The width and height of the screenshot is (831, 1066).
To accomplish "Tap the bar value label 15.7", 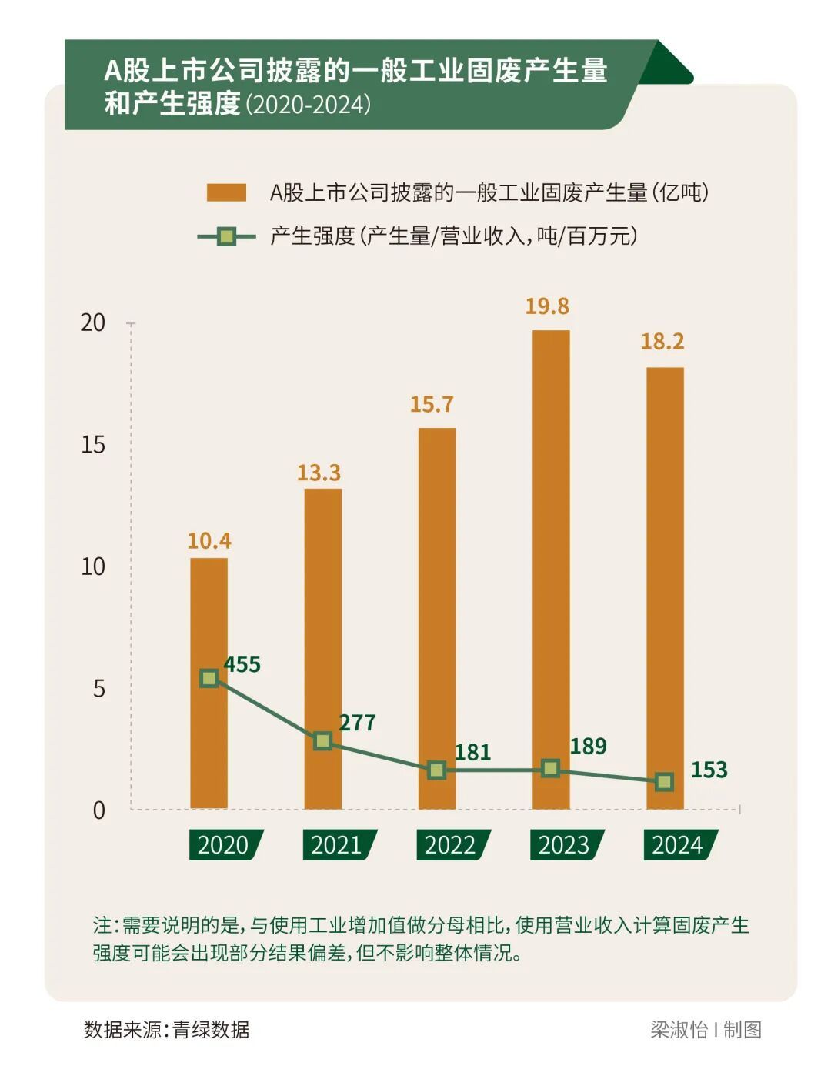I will tap(432, 405).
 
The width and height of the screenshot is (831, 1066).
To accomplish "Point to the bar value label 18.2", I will tap(662, 342).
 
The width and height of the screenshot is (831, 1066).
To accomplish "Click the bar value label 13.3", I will tap(319, 473).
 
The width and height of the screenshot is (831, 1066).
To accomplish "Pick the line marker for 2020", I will tap(209, 678).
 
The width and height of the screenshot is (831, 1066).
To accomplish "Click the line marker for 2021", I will tap(323, 741).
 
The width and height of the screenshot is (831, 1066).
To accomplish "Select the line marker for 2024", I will tap(664, 782).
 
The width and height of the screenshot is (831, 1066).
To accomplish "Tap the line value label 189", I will tap(588, 747).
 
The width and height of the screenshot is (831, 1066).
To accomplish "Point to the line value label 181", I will tap(472, 753).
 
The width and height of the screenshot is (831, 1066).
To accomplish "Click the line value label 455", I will tap(242, 664).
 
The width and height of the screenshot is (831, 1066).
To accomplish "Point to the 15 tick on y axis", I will tap(93, 445).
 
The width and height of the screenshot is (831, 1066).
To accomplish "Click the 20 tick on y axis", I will tap(93, 322).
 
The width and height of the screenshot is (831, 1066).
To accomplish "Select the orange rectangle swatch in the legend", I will tap(226, 192).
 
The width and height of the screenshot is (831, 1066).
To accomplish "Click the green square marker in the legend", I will tap(226, 236).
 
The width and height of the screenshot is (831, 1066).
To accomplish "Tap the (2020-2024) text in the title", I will tap(309, 105).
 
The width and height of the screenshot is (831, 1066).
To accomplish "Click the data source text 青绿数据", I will tap(211, 1030).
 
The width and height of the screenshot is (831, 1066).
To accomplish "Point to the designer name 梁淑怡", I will tap(678, 1030).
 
